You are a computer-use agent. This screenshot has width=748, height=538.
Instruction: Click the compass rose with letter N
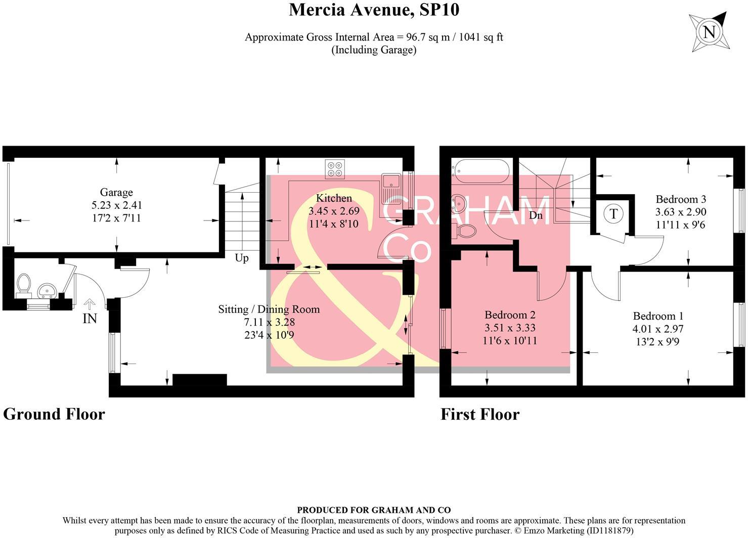pyautogui.click(x=710, y=32)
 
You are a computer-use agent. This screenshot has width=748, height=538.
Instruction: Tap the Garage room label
pyautogui.click(x=116, y=192)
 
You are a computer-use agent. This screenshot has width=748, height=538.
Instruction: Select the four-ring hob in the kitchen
pyautogui.click(x=335, y=168)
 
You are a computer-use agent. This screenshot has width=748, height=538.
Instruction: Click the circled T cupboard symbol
pyautogui.click(x=613, y=214)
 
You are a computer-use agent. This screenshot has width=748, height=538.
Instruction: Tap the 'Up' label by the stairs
pyautogui.click(x=242, y=258)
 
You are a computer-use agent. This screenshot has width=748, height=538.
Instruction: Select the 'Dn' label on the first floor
pyautogui.click(x=536, y=215)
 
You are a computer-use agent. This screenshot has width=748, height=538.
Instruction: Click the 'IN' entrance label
pyautogui.click(x=90, y=319)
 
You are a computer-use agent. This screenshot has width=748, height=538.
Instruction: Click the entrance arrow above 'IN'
pyautogui.click(x=90, y=304)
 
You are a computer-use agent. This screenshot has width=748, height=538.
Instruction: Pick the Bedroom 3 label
pyautogui.click(x=681, y=199)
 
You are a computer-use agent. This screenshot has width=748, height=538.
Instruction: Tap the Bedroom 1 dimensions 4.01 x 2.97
pyautogui.click(x=658, y=329)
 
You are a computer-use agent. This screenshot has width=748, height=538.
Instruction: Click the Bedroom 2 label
pyautogui.click(x=510, y=315)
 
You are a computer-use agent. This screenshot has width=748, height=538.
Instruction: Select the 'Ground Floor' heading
pyautogui.click(x=54, y=414)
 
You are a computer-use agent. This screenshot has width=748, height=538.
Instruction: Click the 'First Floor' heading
pyautogui.click(x=480, y=415)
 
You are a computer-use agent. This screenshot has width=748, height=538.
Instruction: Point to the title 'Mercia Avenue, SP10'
pyautogui.click(x=374, y=10)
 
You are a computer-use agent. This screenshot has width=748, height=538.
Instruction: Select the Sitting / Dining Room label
pyautogui.click(x=269, y=309)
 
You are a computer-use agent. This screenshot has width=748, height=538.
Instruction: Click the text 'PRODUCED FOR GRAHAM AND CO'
pyautogui.click(x=374, y=510)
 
